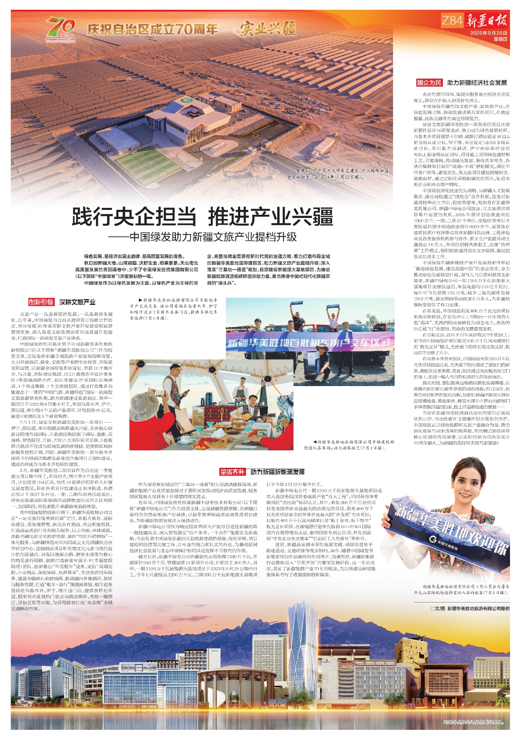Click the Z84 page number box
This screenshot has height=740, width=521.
pos(452,20)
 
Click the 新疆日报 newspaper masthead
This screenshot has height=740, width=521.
pos(487,20)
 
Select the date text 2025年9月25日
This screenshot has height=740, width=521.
pos(488,33)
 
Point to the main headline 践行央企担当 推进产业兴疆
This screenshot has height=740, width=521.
pos(202,216)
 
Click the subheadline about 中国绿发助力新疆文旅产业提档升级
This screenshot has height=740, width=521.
pos(202,237)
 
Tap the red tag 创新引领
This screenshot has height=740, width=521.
pos(41,302)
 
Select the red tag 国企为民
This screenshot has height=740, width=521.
pos(429,83)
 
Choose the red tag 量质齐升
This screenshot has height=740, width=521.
pos(232,472)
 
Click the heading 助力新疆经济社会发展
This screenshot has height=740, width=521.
pos(477,83)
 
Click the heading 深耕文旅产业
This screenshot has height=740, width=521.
pos(77,302)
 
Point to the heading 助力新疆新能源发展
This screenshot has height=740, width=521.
pos(278,472)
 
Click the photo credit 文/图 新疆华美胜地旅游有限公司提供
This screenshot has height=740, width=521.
pos(470,609)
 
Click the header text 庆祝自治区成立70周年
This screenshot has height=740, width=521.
pos(153,29)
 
